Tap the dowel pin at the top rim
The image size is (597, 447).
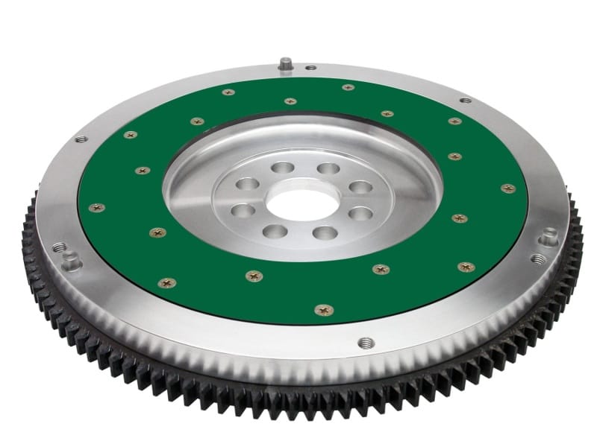pyautogui.click(x=285, y=65)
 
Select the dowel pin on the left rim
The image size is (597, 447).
pyautogui.click(x=71, y=261)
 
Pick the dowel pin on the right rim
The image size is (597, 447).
pyautogui.click(x=550, y=238)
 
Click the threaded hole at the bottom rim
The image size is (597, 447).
pyautogui.click(x=366, y=343)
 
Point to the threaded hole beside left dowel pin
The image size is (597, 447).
pyautogui.click(x=59, y=247)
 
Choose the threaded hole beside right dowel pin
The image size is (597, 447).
pyautogui.click(x=539, y=259)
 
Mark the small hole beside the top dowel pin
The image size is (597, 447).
pyautogui.click(x=310, y=68)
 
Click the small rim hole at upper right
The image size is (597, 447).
pyautogui.click(x=465, y=100)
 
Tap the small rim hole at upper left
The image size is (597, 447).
pyautogui.click(x=81, y=139)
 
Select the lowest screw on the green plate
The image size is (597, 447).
pyautogui.click(x=324, y=309)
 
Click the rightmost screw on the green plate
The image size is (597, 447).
pyautogui.click(x=508, y=188)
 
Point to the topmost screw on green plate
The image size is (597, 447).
pyautogui.click(x=348, y=88)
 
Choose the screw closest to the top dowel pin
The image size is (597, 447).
pyautogui.click(x=290, y=101)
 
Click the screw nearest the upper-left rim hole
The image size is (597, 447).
pyautogui.click(x=130, y=135)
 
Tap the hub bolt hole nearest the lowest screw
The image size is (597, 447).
pyautogui.click(x=325, y=233)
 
